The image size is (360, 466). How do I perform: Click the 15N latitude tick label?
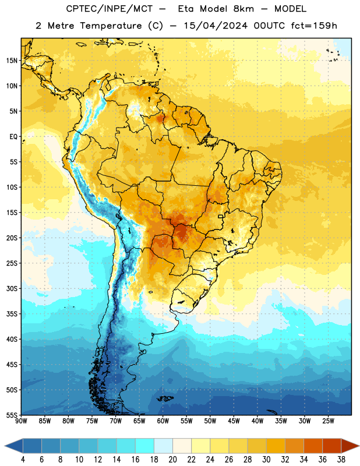(x=12, y=61)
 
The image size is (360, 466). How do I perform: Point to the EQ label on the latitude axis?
(x=13, y=137)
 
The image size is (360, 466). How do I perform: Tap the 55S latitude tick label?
(x=12, y=415)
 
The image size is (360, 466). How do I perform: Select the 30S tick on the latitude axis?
(x=12, y=288)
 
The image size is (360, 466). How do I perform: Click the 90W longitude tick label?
(x=22, y=421)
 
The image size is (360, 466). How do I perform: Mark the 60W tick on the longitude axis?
(x=163, y=421)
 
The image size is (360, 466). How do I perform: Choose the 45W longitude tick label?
(x=234, y=421)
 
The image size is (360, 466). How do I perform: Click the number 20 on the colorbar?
(x=172, y=460)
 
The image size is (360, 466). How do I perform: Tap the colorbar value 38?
(x=341, y=460)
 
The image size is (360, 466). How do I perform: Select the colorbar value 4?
(x=23, y=460)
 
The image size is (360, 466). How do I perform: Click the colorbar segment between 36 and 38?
(x=332, y=446)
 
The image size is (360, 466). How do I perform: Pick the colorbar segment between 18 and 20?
(x=163, y=446)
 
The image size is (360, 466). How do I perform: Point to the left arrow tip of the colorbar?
(x=5, y=446)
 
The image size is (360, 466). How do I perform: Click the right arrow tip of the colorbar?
(x=359, y=446)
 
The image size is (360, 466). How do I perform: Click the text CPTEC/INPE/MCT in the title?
(x=110, y=9)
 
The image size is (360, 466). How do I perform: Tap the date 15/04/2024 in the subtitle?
(x=216, y=26)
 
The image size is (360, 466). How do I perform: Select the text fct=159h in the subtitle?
(x=314, y=26)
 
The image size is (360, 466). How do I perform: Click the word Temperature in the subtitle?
(x=111, y=26)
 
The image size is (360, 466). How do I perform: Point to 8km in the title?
(x=243, y=9)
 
